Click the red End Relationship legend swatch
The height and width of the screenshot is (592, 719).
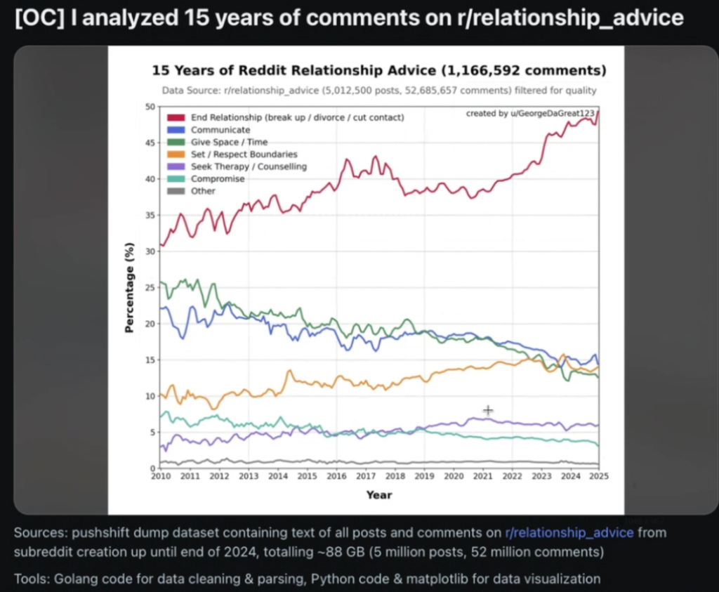tap(175, 117)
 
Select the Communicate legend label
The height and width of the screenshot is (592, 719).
tap(220, 130)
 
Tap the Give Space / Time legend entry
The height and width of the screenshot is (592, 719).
tap(229, 142)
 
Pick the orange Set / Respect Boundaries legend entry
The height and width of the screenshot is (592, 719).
tap(244, 154)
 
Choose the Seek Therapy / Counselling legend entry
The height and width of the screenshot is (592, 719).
tap(249, 166)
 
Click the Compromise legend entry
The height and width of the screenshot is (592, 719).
tap(218, 179)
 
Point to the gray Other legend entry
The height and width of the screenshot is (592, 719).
tap(203, 191)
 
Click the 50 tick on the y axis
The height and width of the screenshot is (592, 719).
tap(150, 107)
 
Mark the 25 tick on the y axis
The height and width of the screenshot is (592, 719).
tap(150, 287)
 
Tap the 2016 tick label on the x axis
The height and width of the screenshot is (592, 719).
tap(336, 476)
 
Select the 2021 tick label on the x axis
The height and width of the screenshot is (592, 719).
tap(482, 476)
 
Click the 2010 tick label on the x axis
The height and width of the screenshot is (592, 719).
tap(161, 476)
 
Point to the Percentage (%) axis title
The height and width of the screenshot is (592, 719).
tap(129, 287)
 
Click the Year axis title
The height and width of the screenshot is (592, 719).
tap(379, 495)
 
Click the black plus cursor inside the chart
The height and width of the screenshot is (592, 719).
tap(488, 410)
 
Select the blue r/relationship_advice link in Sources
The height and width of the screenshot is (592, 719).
tap(569, 533)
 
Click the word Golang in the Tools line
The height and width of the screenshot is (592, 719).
tap(70, 579)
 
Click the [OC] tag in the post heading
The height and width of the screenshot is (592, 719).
tap(34, 18)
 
